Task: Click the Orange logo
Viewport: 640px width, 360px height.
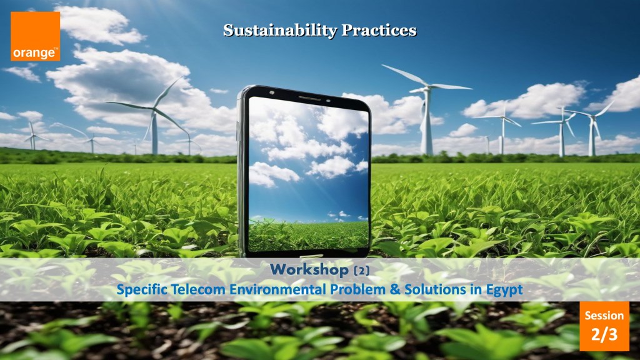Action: click(x=36, y=36)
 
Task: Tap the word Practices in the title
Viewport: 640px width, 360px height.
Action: click(x=379, y=30)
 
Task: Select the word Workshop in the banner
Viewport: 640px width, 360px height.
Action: click(x=309, y=269)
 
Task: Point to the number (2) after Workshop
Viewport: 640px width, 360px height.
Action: click(x=362, y=270)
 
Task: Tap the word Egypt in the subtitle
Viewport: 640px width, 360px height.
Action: click(x=504, y=291)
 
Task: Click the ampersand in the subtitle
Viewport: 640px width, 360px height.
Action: click(x=395, y=289)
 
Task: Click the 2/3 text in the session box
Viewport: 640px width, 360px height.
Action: click(x=604, y=334)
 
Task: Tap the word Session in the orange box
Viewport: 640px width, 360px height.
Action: click(x=604, y=316)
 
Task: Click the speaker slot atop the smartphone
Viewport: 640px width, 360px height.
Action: click(x=310, y=98)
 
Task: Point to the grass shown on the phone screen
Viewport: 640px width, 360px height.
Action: click(x=308, y=236)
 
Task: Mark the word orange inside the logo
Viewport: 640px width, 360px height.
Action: click(x=34, y=53)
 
